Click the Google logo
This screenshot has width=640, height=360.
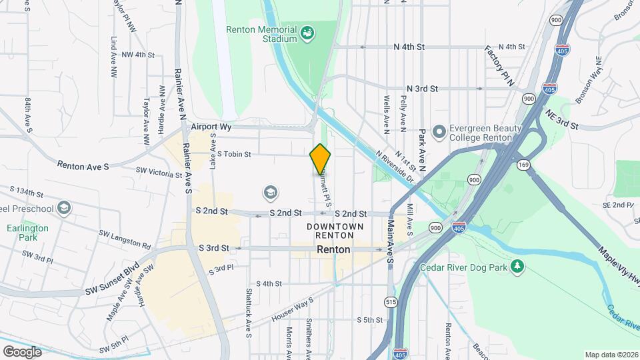pos(22,351)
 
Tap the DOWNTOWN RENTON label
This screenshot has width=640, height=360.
pos(335,231)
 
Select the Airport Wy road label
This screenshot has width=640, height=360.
pos(209,126)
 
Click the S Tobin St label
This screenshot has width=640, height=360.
pos(233,155)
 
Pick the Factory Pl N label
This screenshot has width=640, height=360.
pos(500,67)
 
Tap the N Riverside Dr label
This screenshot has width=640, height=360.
pos(395,167)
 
